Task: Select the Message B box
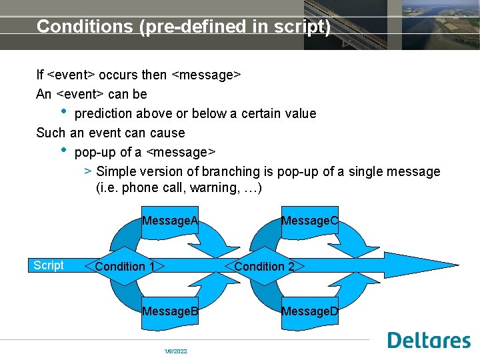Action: pyautogui.click(x=171, y=311)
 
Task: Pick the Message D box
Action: pyautogui.click(x=310, y=311)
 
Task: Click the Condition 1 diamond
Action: pyautogui.click(x=125, y=267)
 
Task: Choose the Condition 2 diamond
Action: pyautogui.click(x=265, y=267)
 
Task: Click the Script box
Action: pyautogui.click(x=49, y=265)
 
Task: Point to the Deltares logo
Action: pyautogui.click(x=429, y=340)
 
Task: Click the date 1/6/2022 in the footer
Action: pyautogui.click(x=176, y=351)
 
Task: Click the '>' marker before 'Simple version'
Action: pyautogui.click(x=88, y=171)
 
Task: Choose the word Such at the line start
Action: pyautogui.click(x=51, y=133)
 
